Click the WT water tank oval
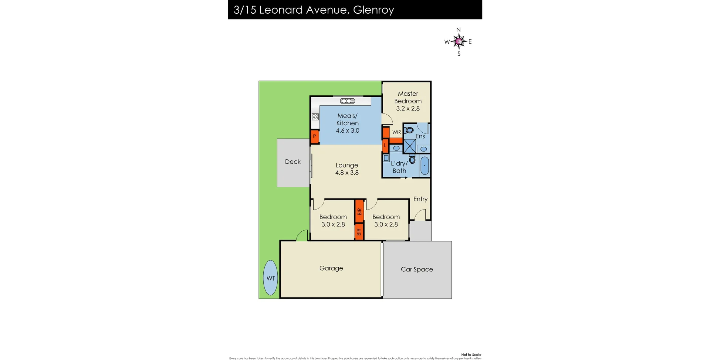(270, 278)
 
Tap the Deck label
(293, 162)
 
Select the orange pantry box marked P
(315, 136)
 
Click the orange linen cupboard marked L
(385, 145)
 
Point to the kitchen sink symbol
(348, 101)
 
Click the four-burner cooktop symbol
(315, 117)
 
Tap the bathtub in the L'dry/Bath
(425, 166)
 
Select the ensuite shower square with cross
(409, 146)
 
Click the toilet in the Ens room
(409, 130)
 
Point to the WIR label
(397, 132)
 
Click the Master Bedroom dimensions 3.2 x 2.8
(408, 109)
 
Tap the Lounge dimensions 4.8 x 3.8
(347, 173)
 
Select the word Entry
(420, 199)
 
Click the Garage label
(331, 268)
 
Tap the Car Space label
(417, 269)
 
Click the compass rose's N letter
(459, 30)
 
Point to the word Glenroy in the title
(373, 10)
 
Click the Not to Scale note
(471, 354)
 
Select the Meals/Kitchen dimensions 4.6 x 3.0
(348, 130)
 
